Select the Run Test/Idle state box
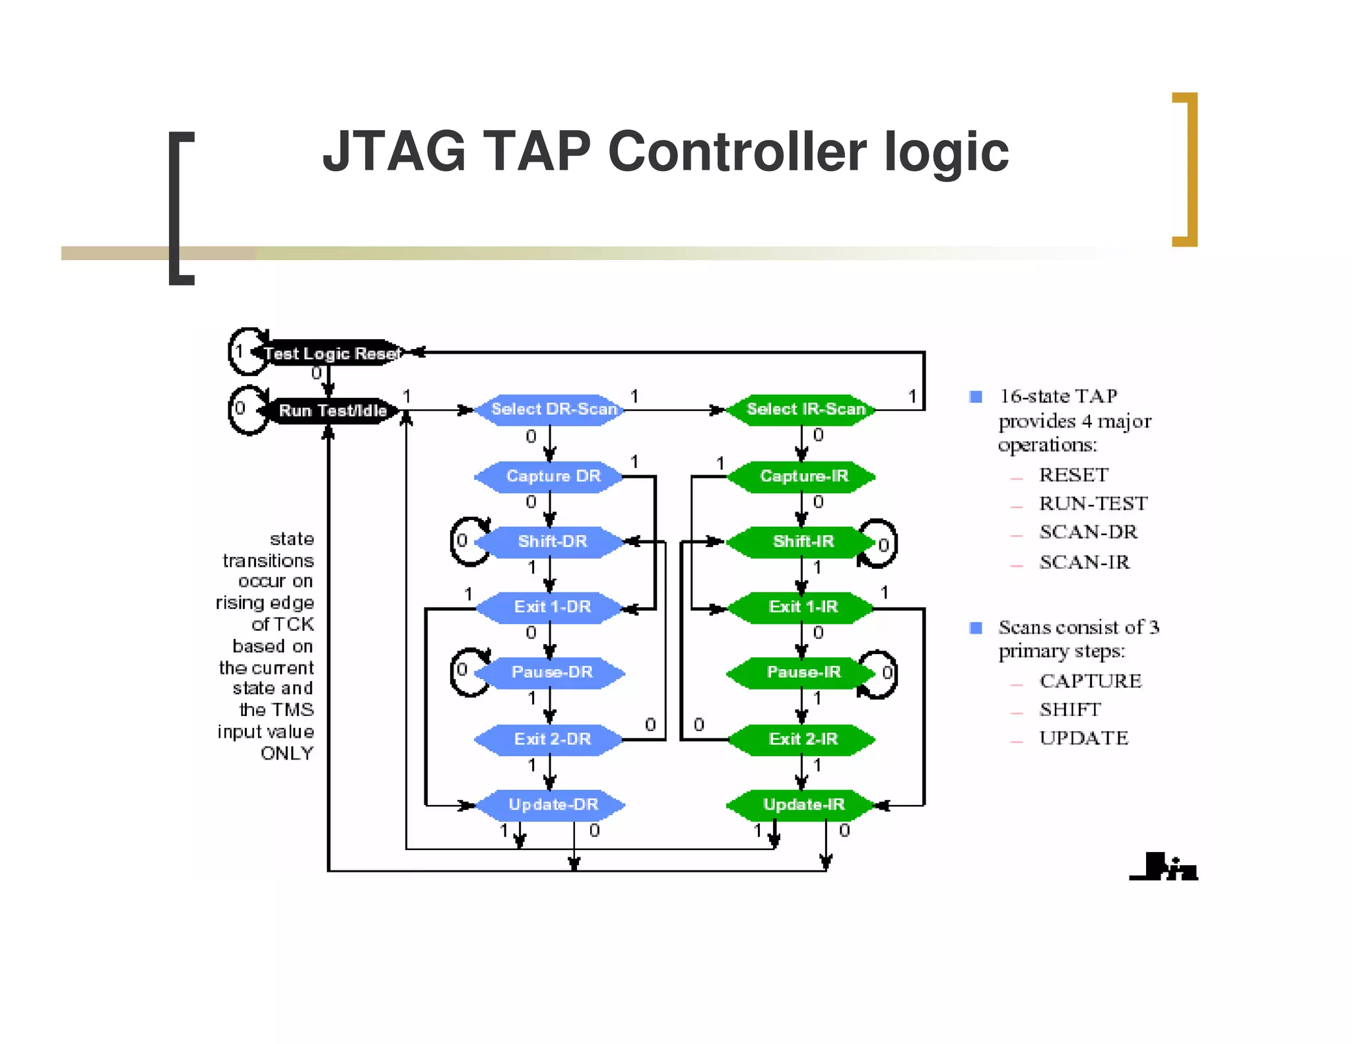(332, 410)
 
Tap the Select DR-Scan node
(552, 409)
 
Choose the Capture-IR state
(803, 476)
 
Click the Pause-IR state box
(803, 672)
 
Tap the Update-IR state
(803, 804)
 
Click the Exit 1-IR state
(803, 606)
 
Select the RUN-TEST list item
(1093, 504)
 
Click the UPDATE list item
(1083, 738)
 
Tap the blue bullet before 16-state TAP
(976, 397)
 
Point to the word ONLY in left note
(287, 753)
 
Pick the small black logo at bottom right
(1164, 867)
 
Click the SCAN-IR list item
(1084, 562)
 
